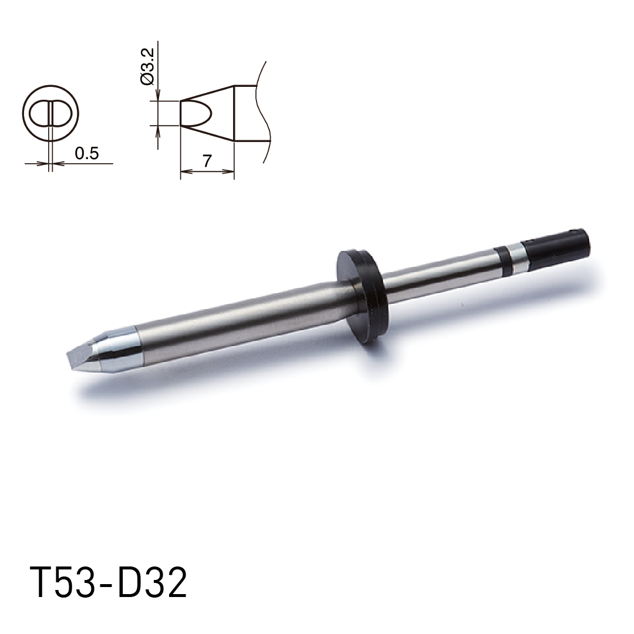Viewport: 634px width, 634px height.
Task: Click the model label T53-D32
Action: pyautogui.click(x=109, y=583)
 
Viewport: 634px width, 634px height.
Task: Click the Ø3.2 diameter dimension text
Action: pyautogui.click(x=147, y=67)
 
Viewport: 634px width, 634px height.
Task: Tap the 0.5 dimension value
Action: pyautogui.click(x=87, y=153)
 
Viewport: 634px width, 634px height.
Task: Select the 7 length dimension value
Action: pyautogui.click(x=207, y=161)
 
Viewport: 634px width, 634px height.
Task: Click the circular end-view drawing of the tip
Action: pyautogui.click(x=50, y=113)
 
